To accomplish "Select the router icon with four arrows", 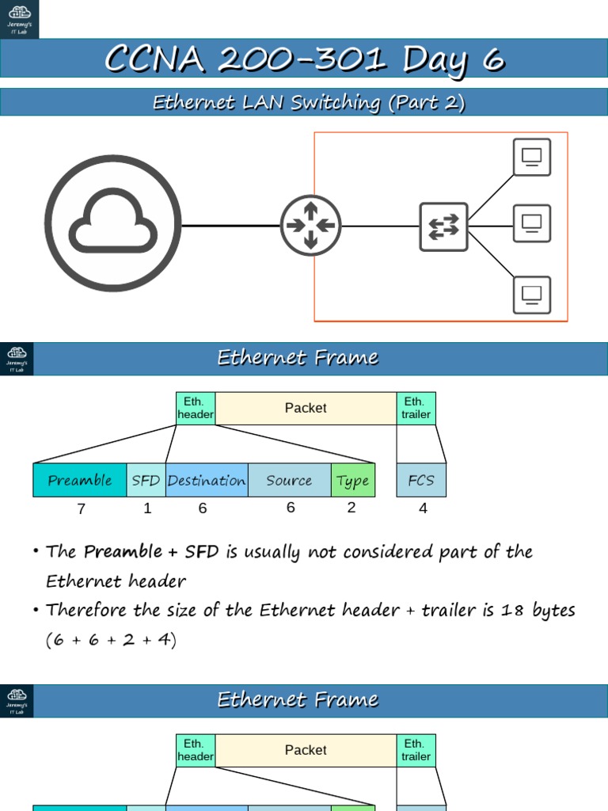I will (310, 226).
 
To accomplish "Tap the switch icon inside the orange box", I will (443, 227).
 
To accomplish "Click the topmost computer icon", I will (531, 157).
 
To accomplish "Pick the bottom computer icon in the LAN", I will (531, 294).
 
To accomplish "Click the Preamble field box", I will (79, 481).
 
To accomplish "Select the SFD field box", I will (146, 481).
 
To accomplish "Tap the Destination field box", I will (207, 481).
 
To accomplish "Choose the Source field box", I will (289, 481).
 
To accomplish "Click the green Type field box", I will (352, 481).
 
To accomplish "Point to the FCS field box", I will (421, 481).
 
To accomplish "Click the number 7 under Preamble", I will (81, 509).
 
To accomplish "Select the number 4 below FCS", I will (423, 508).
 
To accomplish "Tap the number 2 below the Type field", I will (351, 508).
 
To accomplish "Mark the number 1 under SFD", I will (147, 508).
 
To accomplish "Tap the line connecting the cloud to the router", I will (230, 226).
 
